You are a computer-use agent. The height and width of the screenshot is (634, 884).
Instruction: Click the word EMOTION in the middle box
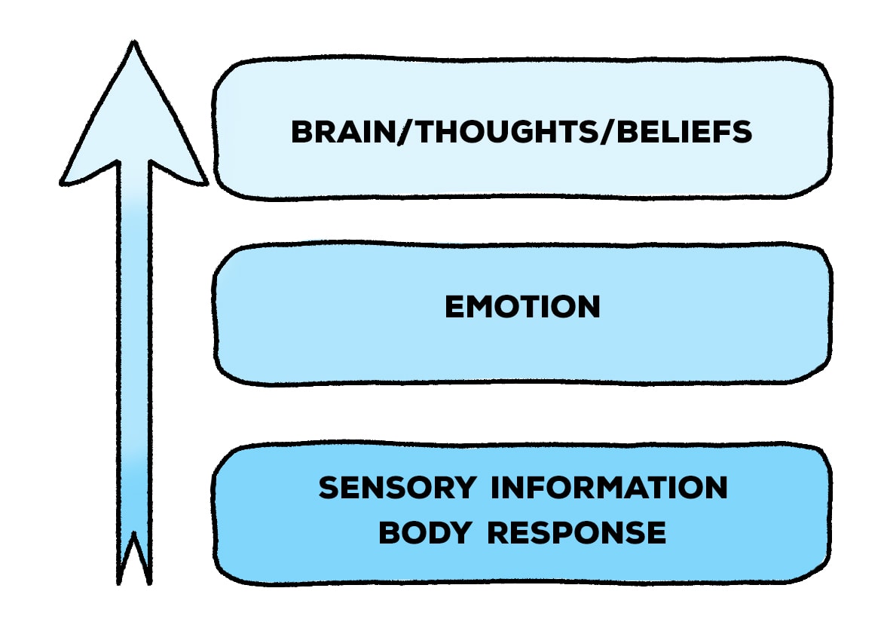click(522, 307)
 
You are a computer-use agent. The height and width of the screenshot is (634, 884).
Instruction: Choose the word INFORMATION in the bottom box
click(610, 488)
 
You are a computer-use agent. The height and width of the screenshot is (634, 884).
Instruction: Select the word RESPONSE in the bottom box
click(577, 533)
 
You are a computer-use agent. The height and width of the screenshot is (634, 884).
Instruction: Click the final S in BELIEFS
click(742, 133)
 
